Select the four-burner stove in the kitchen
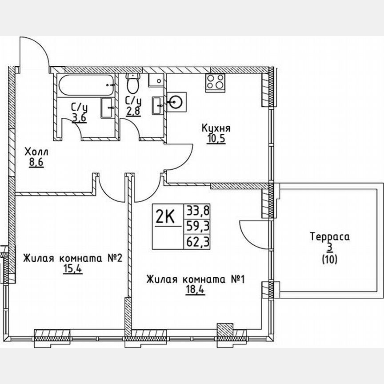coord(215,83)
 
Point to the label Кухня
coord(216,128)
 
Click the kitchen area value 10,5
coord(216,138)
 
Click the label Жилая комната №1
coord(196,280)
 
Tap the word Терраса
coord(330,237)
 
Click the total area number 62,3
coord(198,243)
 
